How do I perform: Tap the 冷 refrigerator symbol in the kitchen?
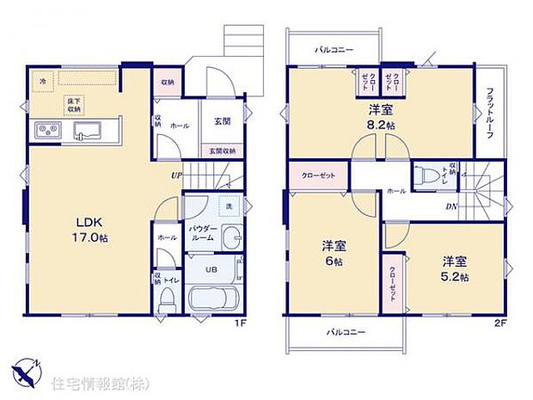[41, 80]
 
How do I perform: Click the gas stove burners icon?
[48, 131]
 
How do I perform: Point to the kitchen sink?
[89, 131]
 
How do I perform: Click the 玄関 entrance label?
[219, 121]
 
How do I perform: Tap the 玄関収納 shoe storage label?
[219, 151]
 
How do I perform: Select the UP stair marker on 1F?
[177, 176]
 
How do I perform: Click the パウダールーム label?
[204, 235]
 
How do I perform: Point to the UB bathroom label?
[210, 268]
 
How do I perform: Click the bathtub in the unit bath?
[211, 303]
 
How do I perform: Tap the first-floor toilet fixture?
[168, 298]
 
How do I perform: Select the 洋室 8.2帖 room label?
[382, 117]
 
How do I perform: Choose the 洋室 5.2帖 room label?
[455, 267]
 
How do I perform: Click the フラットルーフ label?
[488, 115]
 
